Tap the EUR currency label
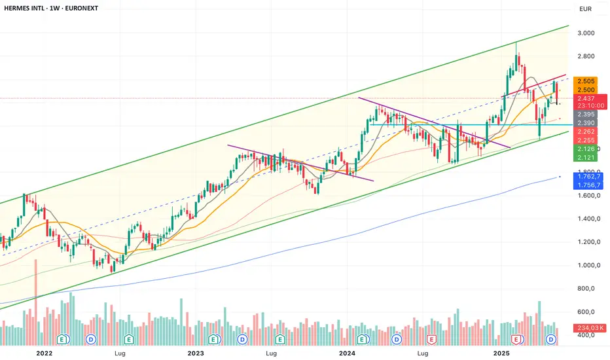click(585, 9)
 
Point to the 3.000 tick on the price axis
click(586, 33)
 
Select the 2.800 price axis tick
click(586, 56)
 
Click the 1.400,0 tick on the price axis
click(586, 219)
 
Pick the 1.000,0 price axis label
click(586, 265)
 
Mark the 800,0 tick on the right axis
click(586, 289)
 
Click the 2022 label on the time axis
click(44, 353)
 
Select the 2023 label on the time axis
click(196, 353)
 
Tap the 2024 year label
click(347, 353)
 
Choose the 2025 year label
click(501, 353)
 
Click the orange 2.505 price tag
click(586, 81)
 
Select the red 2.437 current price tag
click(586, 98)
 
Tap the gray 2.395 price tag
click(586, 115)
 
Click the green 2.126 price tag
click(586, 149)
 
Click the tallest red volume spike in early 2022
click(36, 295)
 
